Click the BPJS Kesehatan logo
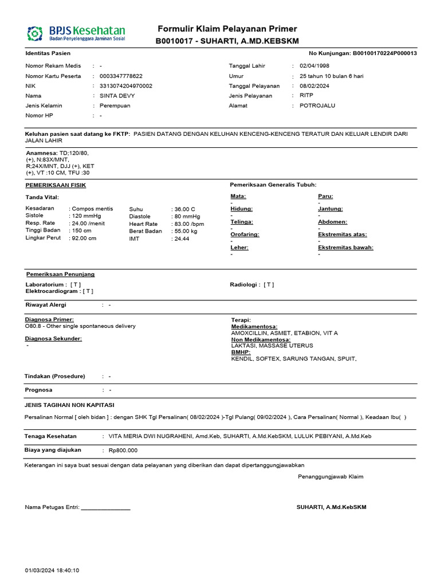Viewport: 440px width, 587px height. [76, 33]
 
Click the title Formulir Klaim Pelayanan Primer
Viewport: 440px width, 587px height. [227, 29]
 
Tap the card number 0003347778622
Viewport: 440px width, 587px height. [121, 76]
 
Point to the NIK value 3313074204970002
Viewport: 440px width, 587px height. [126, 86]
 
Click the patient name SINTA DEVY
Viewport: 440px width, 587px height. [117, 96]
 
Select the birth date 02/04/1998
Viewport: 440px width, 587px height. [311, 66]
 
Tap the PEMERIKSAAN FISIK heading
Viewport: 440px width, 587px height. [56, 185]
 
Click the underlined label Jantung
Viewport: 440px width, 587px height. [330, 209]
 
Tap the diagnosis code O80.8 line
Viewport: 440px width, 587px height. [80, 326]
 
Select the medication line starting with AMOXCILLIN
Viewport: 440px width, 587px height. [284, 333]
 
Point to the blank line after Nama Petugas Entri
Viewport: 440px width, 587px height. [105, 507]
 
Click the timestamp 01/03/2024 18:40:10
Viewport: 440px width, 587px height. [52, 570]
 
